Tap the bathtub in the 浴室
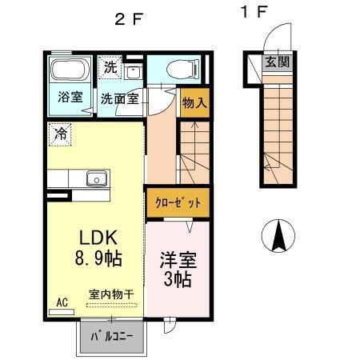click(70, 70)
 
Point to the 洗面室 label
click(119, 100)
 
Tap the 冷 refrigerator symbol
click(60, 134)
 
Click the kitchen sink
click(97, 178)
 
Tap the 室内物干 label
click(111, 295)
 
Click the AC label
click(62, 302)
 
